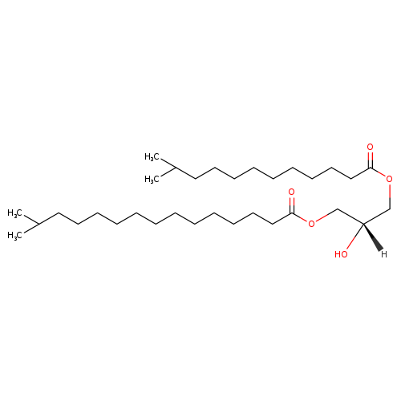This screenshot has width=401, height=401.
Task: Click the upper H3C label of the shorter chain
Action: (x=152, y=157)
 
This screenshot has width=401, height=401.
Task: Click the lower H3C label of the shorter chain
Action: (x=152, y=179)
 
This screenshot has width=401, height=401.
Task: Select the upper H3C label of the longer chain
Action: (x=14, y=213)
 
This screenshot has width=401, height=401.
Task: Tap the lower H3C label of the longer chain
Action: (x=14, y=235)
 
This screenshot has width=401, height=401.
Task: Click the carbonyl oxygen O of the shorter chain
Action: (x=370, y=147)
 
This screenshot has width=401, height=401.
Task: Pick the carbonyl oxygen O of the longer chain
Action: (x=291, y=192)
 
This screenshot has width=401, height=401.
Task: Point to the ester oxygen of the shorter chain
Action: (x=390, y=179)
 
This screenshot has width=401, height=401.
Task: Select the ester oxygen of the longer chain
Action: (x=311, y=224)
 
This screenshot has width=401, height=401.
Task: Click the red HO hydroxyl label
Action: (x=341, y=254)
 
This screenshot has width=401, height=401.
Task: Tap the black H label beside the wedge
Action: (x=384, y=254)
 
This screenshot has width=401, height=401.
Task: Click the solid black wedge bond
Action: (x=373, y=237)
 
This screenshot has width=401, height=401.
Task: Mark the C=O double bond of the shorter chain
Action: (x=370, y=160)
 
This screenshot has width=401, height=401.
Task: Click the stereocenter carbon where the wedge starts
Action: (x=363, y=224)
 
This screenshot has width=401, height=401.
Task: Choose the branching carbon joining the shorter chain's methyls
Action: (x=176, y=168)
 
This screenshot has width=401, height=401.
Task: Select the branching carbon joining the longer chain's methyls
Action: (x=38, y=224)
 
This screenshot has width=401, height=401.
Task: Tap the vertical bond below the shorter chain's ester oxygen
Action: (x=390, y=196)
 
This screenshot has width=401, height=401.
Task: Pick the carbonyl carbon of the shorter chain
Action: (x=371, y=168)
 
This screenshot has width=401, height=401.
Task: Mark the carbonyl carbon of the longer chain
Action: (x=292, y=213)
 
